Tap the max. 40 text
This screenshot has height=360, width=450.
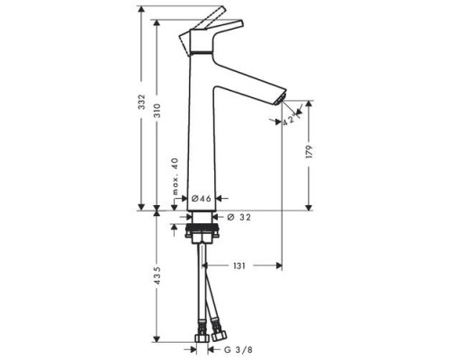point(176,176)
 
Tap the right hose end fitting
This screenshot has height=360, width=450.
point(215,337)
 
